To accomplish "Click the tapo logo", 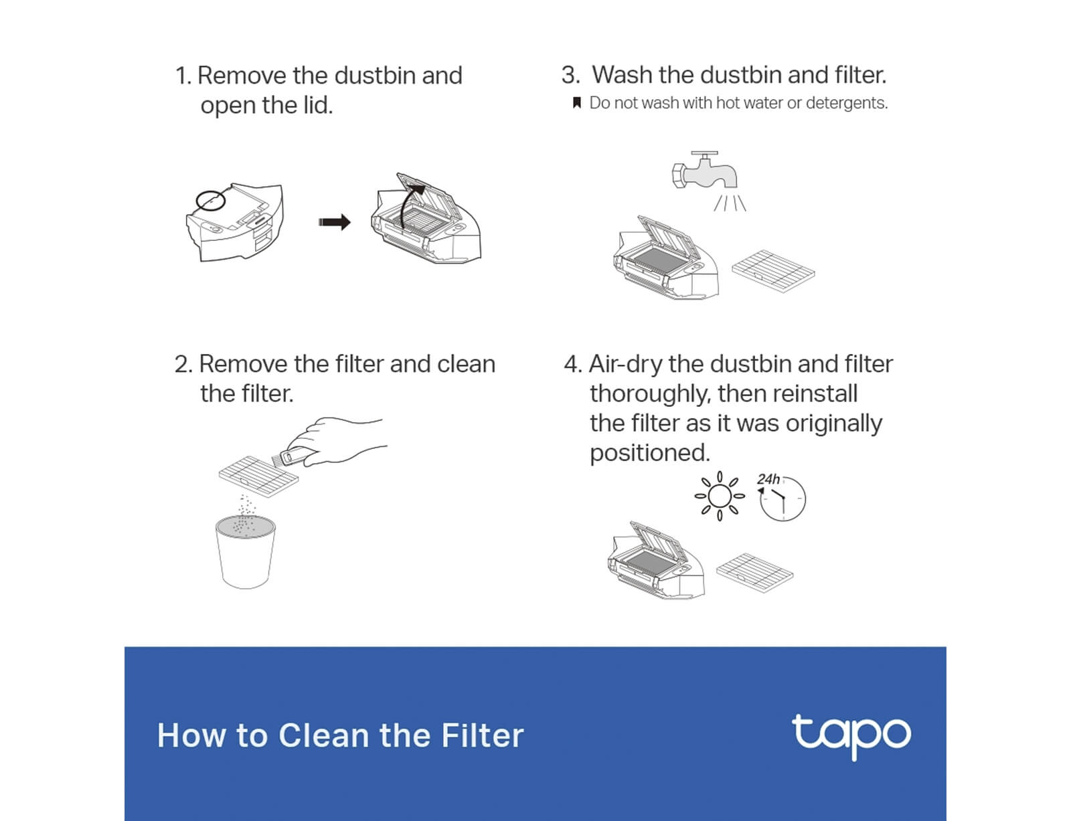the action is tap(851, 736).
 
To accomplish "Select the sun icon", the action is tap(719, 496).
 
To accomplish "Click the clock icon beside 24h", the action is tap(782, 499).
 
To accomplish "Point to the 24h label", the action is tap(768, 479).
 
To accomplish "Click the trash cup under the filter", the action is tap(246, 551).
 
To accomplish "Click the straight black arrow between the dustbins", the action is tap(335, 222).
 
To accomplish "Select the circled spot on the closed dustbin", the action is tap(210, 201).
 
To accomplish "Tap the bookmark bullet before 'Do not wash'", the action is tap(576, 102).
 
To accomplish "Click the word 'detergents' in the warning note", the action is tap(846, 103).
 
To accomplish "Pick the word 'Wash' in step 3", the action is tap(623, 75).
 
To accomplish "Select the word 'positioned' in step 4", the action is tap(649, 453).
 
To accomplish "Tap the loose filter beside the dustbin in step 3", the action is tap(773, 270).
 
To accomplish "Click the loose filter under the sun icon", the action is tap(754, 573).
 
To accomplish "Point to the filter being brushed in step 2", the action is tap(259, 476).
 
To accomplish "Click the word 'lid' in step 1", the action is tap(316, 105).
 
